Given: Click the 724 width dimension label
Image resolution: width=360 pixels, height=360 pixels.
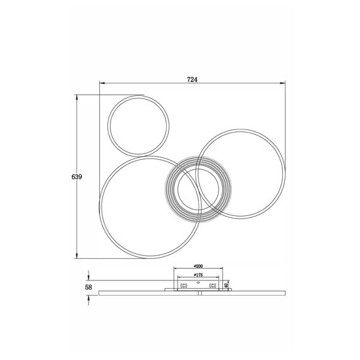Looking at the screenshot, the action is coord(192,80).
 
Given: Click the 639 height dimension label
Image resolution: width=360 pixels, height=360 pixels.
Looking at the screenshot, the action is coord(76,177).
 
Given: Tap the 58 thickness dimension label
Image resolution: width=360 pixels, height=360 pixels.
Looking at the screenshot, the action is coord(88,287).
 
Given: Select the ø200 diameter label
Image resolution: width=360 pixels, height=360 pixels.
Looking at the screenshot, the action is coord(198,266).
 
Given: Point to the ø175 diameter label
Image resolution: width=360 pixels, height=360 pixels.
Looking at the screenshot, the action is coord(198,275).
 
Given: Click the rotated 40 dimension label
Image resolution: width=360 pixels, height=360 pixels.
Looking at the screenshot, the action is coord(225,285).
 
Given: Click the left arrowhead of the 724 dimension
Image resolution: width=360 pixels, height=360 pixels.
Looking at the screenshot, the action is coord(102,83).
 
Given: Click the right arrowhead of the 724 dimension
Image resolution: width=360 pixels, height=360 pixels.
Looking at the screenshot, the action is coord(282,83).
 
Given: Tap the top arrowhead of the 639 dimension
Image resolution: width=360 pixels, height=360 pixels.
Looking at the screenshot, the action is coord(76,97).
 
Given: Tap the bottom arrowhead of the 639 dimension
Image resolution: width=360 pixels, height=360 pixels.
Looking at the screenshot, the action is coord(76,256).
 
